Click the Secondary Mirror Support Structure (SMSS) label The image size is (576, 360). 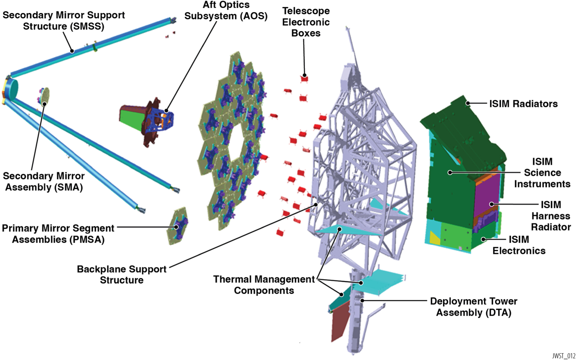pos(64,21)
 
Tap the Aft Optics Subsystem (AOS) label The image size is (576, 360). pos(226,10)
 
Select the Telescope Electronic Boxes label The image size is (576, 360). pos(306,22)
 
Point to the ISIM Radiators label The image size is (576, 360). pos(523,104)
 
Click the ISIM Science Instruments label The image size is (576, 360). pos(542,173)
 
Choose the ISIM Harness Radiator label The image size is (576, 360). pos(551,216)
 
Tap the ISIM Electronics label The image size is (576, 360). pos(519,245)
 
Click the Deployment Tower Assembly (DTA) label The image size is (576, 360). pos(473,307)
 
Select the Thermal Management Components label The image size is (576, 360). pos(264,285)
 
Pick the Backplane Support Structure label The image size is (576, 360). pos(122,275)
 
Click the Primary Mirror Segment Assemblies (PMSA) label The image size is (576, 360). pos(58,234)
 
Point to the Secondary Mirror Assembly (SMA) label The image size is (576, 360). pos(44,181)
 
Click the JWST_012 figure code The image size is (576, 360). pos(563,356)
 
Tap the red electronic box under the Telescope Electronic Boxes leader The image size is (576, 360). pos(304,78)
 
